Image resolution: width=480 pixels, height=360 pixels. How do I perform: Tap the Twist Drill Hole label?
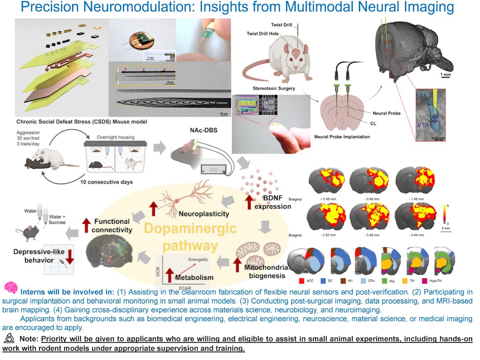[263, 34]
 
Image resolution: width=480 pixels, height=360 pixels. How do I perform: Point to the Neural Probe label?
[386, 113]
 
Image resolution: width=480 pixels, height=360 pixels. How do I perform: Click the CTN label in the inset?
[424, 95]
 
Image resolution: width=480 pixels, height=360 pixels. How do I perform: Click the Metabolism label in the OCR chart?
[194, 277]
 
